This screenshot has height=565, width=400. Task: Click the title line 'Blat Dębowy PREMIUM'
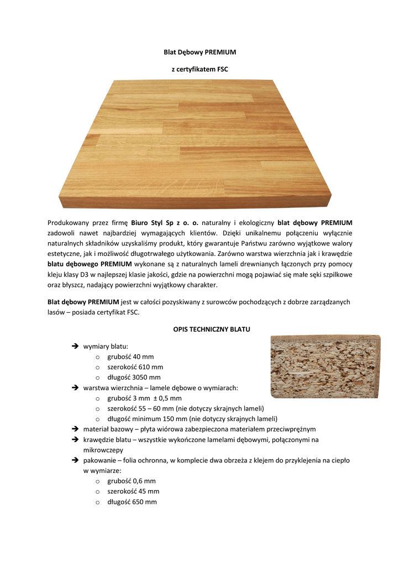(199, 52)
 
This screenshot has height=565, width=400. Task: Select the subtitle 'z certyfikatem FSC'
(199, 70)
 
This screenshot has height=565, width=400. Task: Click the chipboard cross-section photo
(325, 366)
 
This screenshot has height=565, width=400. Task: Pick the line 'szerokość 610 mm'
(135, 367)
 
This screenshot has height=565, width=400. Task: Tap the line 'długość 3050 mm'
(134, 377)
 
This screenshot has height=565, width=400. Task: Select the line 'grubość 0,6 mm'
(131, 481)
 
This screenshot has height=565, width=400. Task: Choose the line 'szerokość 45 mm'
(133, 491)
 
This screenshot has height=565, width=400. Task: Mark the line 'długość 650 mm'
(132, 502)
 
